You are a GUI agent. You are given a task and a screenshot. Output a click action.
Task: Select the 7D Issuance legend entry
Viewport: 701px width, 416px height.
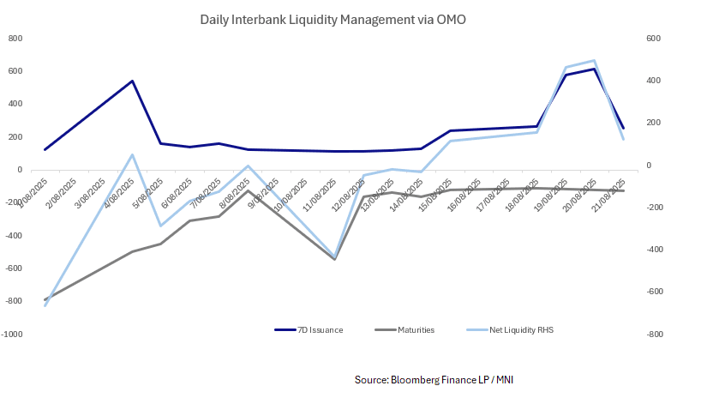point(309,329)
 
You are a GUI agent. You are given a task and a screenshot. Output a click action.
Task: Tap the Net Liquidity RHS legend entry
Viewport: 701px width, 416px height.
point(511,329)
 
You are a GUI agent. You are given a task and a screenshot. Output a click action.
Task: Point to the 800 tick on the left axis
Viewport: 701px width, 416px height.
point(15,38)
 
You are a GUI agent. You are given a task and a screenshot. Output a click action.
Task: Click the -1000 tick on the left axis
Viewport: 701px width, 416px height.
point(12,334)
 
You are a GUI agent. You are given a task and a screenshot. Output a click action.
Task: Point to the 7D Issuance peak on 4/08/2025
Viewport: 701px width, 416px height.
point(132,81)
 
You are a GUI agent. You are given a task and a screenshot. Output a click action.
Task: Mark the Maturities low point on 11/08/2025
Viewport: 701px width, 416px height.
point(334,259)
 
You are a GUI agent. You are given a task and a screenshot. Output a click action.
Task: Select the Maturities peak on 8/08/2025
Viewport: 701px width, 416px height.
point(248,190)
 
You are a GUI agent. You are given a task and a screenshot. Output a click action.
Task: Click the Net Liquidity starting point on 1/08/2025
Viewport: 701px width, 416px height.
point(45,305)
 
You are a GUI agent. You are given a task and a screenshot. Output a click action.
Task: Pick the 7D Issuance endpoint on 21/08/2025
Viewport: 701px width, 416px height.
point(623,129)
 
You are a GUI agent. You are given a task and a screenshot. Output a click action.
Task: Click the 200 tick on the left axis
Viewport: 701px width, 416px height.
point(15,136)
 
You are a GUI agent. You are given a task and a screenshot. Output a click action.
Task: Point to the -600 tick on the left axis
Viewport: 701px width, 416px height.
point(13,268)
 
